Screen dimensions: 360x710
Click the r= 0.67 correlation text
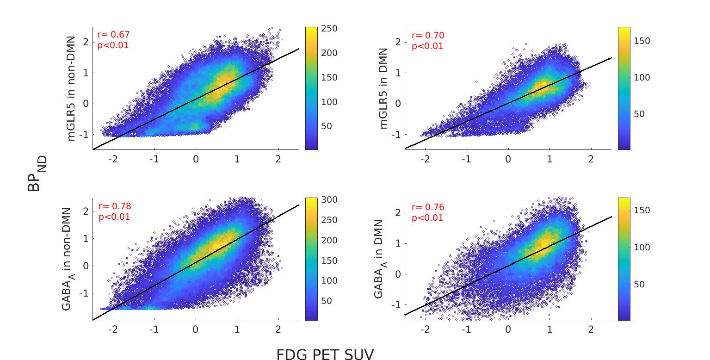113,35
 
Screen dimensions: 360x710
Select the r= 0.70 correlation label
427,36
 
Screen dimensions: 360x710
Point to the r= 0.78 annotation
114,206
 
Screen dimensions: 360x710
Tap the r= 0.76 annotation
427,207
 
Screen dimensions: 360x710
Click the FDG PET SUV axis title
325,354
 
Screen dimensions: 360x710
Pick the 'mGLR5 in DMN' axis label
383,88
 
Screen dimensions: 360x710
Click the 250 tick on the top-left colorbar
329,29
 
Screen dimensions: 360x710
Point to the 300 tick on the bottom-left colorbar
329,200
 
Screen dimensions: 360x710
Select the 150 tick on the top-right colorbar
642,41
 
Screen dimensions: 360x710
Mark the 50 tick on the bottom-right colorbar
639,284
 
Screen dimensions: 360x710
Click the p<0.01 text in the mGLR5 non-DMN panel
113,45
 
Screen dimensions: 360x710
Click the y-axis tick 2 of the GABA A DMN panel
397,213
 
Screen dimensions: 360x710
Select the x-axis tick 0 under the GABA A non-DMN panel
195,330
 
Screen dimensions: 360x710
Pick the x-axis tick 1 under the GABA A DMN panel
549,330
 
